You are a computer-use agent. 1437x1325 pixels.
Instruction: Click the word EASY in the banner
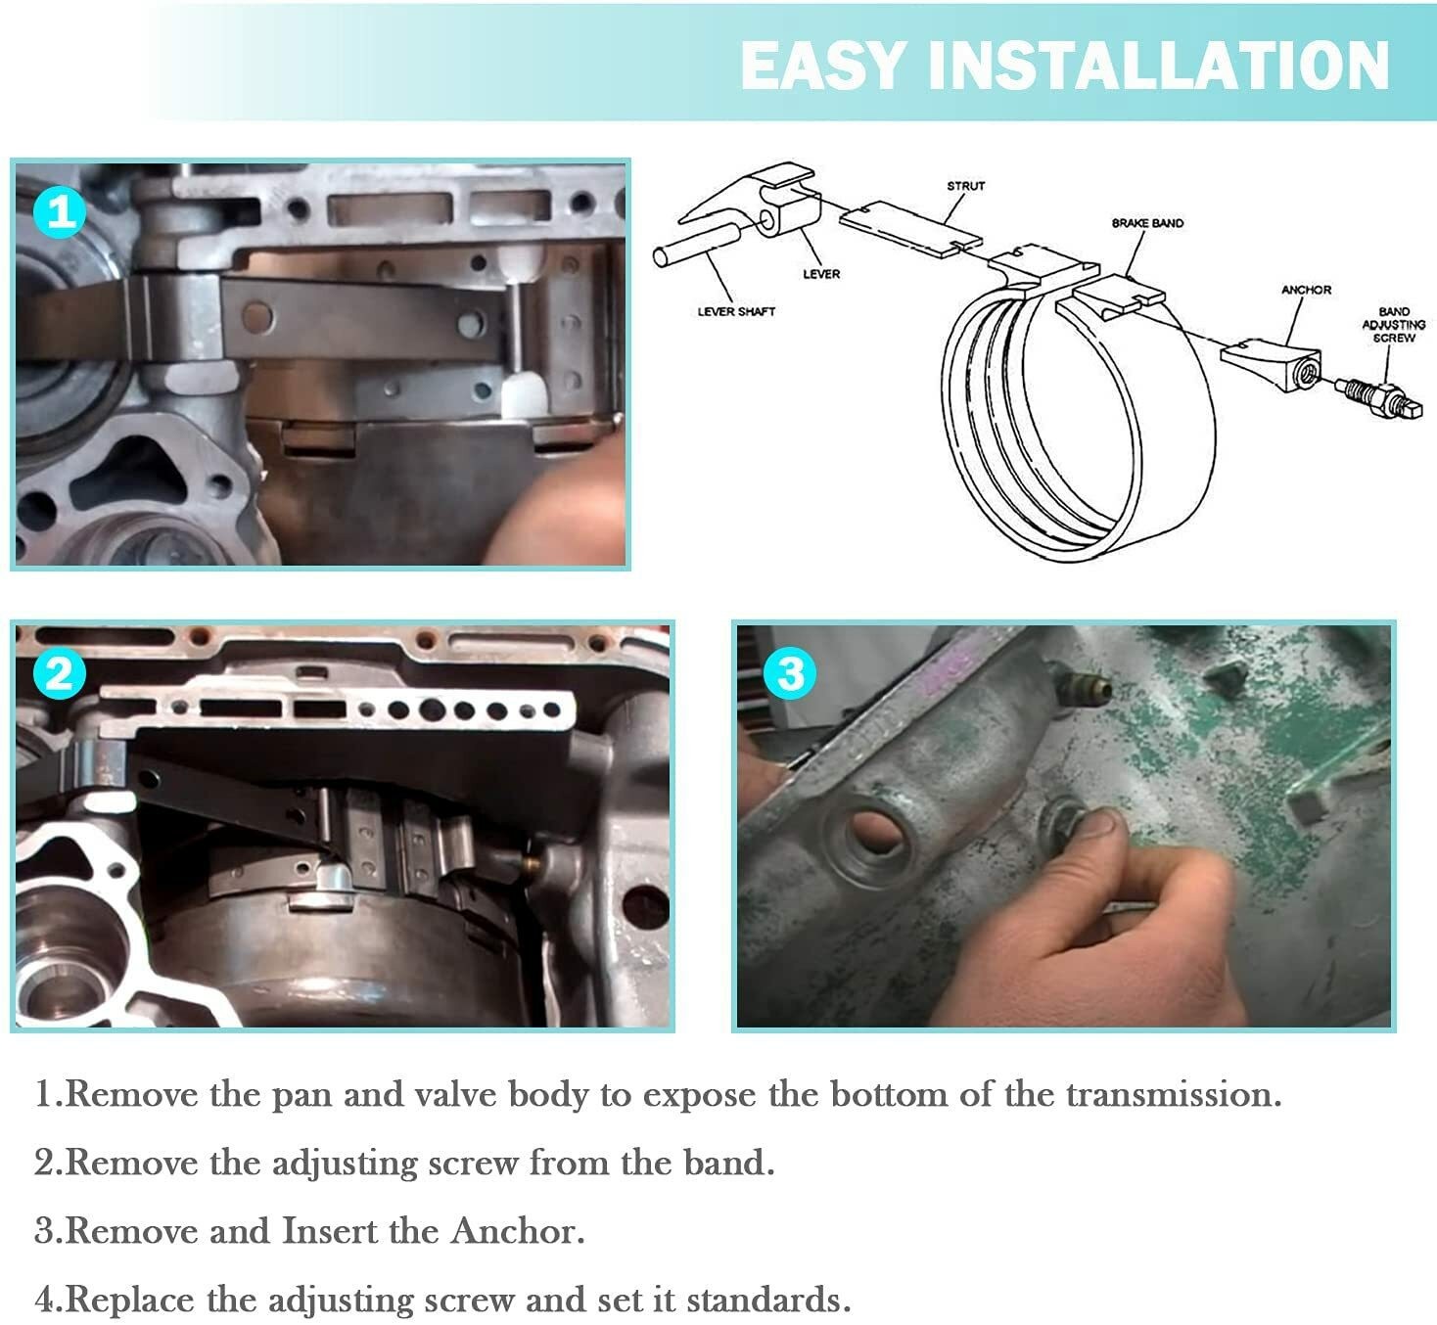[x=823, y=66]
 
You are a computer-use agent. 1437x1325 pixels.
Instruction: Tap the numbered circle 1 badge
[x=60, y=212]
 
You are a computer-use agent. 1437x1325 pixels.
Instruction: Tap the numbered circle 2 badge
[x=60, y=673]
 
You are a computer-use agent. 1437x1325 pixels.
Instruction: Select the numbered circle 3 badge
[x=789, y=673]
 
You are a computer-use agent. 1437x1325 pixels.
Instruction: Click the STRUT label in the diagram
[x=966, y=186]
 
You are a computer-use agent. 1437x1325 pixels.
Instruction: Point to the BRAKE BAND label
[x=1147, y=223]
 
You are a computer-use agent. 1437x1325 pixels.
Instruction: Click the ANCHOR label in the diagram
[x=1306, y=290]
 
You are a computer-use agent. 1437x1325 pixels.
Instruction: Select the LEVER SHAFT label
[x=736, y=311]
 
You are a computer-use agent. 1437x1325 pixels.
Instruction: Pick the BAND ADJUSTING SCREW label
[x=1394, y=324]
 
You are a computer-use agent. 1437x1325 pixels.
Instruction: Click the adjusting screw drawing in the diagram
[x=1378, y=399]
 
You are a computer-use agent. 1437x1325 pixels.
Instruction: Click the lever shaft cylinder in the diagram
[x=696, y=245]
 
